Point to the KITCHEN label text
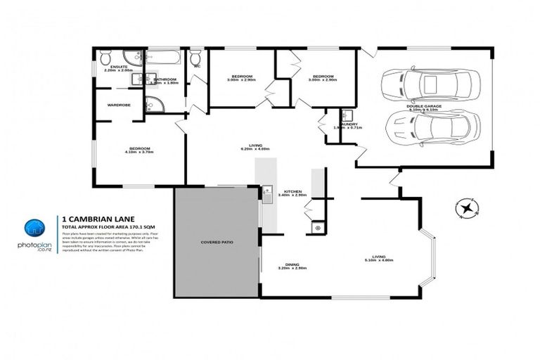pos(292,191)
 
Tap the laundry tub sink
pos(347,115)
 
